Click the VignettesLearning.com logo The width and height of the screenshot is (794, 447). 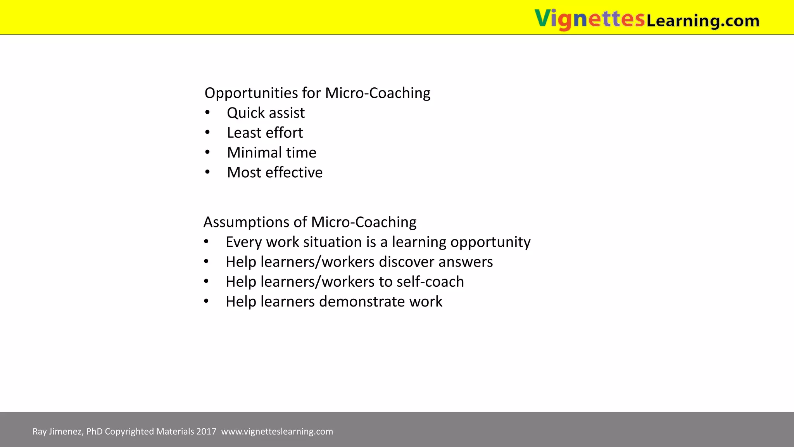pyautogui.click(x=647, y=19)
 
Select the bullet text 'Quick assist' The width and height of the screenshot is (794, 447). pyautogui.click(x=266, y=113)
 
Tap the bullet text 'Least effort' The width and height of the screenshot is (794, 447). pyautogui.click(x=265, y=133)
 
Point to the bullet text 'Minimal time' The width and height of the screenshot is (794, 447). pyautogui.click(x=271, y=152)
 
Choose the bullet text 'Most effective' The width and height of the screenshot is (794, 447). pyautogui.click(x=274, y=172)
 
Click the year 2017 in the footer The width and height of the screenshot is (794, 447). pyautogui.click(x=206, y=431)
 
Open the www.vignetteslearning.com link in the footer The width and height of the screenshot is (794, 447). pyautogui.click(x=277, y=431)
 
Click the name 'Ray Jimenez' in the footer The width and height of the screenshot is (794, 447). pyautogui.click(x=57, y=431)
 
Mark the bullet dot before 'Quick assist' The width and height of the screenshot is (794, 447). pyautogui.click(x=207, y=113)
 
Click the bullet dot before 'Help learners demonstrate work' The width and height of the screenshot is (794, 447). pyautogui.click(x=206, y=301)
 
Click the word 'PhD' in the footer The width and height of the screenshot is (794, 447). pyautogui.click(x=94, y=431)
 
